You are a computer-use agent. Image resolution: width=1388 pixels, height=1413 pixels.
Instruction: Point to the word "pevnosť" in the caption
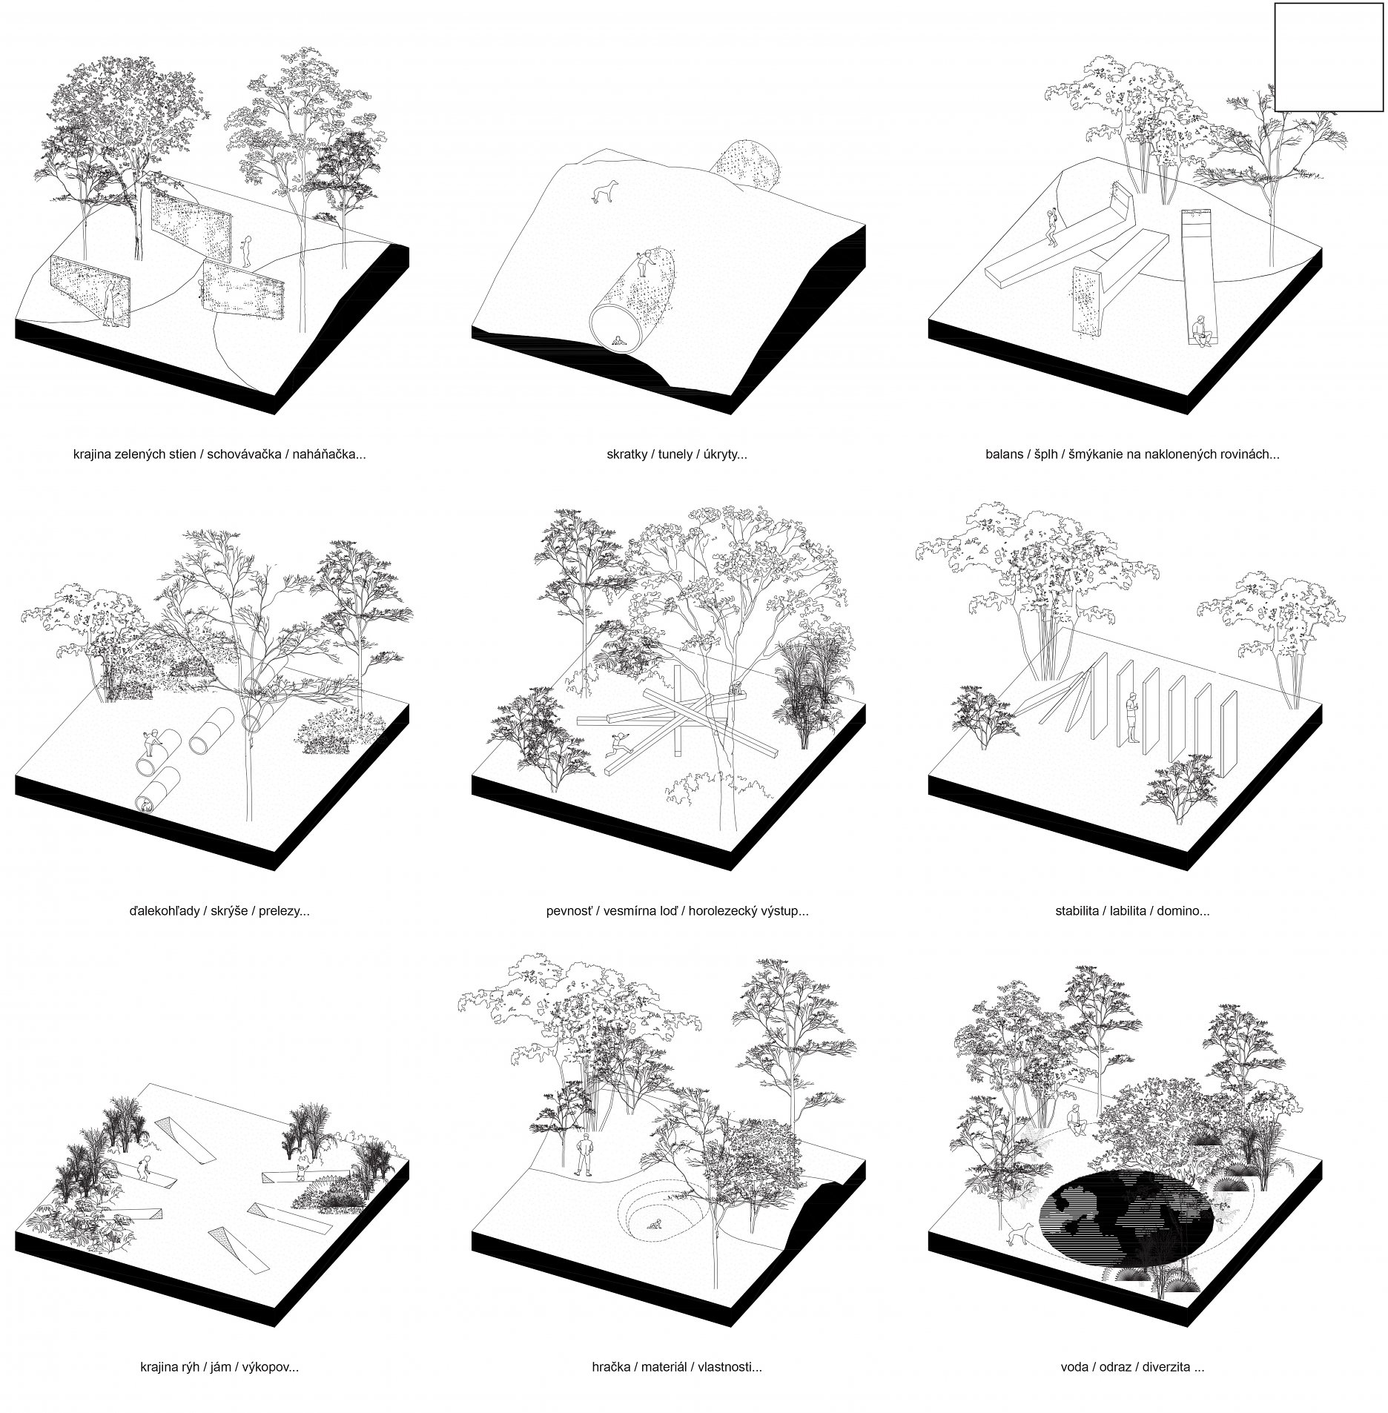[x=567, y=911]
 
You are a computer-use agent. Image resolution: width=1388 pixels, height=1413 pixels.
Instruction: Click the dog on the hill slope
[x=600, y=193]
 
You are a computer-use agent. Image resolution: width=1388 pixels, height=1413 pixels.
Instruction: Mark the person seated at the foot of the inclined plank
[x=1200, y=330]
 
